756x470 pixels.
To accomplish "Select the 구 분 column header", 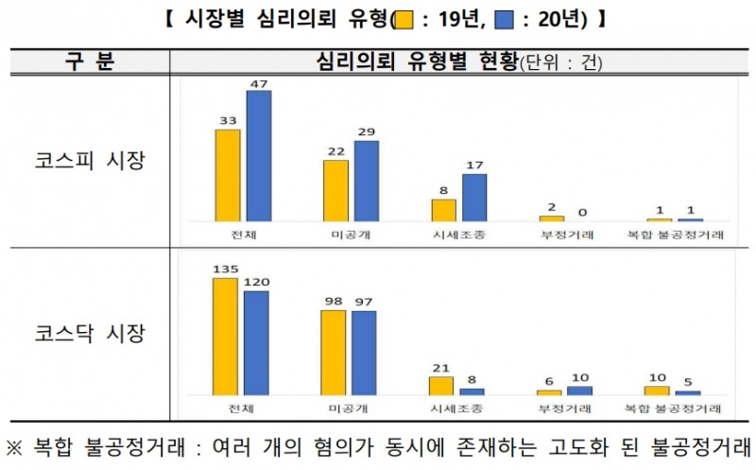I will [90, 62].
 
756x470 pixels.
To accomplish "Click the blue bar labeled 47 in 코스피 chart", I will [258, 156].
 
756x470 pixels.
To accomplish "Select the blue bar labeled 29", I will [366, 181].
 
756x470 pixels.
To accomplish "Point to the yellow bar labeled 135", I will [225, 336].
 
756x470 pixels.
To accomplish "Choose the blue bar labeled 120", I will [256, 342].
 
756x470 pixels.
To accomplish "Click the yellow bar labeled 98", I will [334, 352].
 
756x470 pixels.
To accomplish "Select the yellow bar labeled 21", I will [441, 385].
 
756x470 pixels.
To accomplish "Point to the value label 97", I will [365, 302].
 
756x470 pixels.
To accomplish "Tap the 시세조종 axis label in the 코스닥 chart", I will [457, 409].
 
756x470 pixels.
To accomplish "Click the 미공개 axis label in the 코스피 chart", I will [351, 235].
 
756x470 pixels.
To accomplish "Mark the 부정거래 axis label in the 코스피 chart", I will [565, 235].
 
